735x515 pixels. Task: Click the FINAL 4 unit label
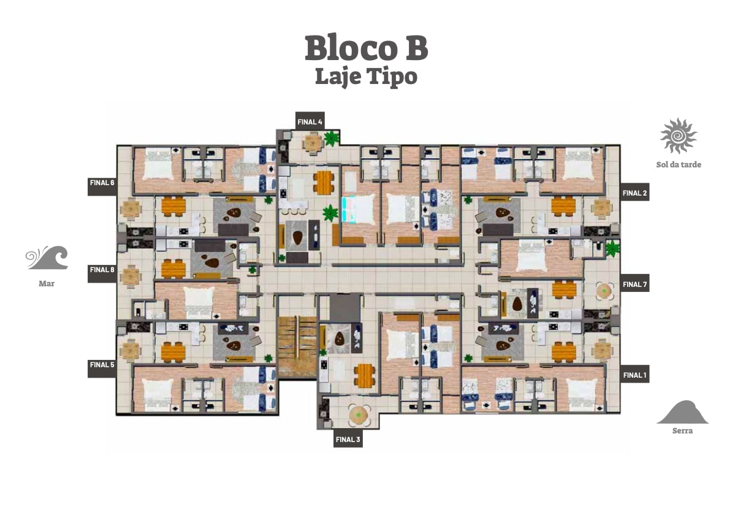(310, 121)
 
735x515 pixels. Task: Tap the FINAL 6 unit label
(102, 183)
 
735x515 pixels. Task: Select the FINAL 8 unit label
(102, 270)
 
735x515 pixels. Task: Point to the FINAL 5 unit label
(102, 365)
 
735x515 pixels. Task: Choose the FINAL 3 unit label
(348, 440)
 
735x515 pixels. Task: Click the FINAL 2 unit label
(634, 193)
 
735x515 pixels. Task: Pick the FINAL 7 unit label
(634, 284)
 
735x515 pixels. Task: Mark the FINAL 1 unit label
(634, 375)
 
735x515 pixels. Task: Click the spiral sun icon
(678, 136)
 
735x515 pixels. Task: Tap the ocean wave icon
(47, 257)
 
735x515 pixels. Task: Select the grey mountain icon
(682, 412)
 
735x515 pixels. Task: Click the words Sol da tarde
(678, 164)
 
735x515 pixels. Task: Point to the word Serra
(682, 430)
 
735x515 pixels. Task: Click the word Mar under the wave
(47, 283)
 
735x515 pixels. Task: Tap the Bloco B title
(366, 48)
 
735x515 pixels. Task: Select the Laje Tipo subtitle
(366, 77)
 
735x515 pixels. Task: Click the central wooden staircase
(297, 347)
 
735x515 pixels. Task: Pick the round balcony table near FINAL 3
(359, 414)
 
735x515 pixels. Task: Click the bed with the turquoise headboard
(359, 208)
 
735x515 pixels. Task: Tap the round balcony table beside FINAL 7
(604, 291)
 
